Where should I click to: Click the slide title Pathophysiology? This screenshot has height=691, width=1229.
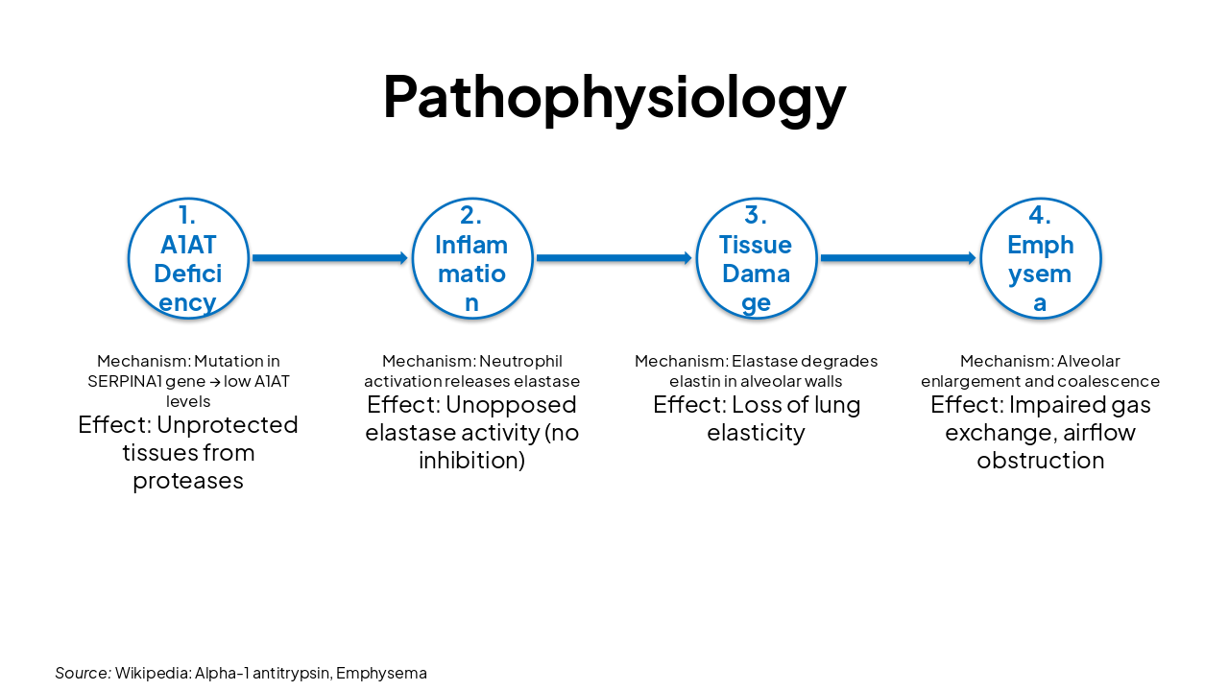pos(614,96)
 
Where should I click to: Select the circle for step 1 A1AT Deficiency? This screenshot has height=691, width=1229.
pos(188,258)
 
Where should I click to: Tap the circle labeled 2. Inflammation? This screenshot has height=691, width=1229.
pos(471,258)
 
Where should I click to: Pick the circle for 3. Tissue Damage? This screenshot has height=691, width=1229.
pos(756,258)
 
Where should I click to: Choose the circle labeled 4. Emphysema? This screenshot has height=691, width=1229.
pos(1040,258)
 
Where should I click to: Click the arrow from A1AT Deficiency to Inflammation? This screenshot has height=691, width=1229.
pos(329,258)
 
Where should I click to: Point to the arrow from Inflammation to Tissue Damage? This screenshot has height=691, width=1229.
pos(614,258)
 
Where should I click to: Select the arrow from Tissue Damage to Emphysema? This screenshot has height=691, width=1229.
pos(898,258)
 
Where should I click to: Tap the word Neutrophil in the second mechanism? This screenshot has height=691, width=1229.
pos(520,361)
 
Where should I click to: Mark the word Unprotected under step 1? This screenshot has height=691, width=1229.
pos(228,424)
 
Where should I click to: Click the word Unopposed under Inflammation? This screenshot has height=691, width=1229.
pos(511,404)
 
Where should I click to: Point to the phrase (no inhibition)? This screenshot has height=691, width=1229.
pos(499,446)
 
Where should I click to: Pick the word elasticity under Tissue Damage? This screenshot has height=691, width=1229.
pos(756,432)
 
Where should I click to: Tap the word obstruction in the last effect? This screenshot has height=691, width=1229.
pos(1040,460)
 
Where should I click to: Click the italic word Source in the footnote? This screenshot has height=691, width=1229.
pos(82,673)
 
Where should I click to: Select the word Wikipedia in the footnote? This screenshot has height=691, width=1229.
pos(152,673)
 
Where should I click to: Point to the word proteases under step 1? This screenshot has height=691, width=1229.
pos(188,480)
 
